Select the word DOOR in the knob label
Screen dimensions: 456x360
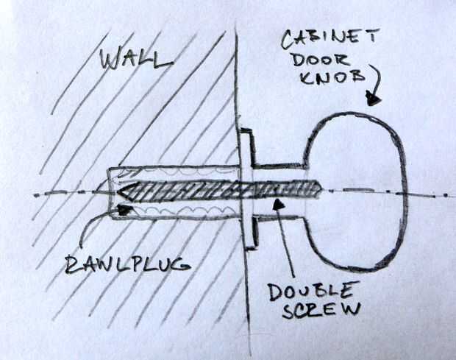[316, 58]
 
